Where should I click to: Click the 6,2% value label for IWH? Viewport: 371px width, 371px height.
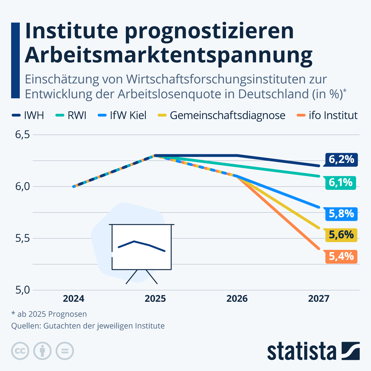pyautogui.click(x=341, y=160)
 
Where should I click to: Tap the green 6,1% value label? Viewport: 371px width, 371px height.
pyautogui.click(x=340, y=183)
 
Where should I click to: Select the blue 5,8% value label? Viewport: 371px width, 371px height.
pyautogui.click(x=341, y=214)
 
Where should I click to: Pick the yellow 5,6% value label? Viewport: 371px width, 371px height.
pyautogui.click(x=341, y=235)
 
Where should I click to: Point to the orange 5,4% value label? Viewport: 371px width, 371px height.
pyautogui.click(x=341, y=257)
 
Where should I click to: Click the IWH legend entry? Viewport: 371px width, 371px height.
pyautogui.click(x=28, y=115)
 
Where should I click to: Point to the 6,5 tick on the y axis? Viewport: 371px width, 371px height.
pyautogui.click(x=22, y=135)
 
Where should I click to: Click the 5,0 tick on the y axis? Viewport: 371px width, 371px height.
pyautogui.click(x=22, y=290)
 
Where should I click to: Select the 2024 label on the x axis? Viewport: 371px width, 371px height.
pyautogui.click(x=74, y=299)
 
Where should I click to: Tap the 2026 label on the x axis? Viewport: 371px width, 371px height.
pyautogui.click(x=237, y=299)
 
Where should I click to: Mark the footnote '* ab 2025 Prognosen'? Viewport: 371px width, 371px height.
pyautogui.click(x=49, y=314)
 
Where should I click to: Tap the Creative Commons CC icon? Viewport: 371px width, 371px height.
pyautogui.click(x=20, y=351)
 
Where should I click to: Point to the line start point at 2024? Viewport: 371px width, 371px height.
pyautogui.click(x=74, y=186)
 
